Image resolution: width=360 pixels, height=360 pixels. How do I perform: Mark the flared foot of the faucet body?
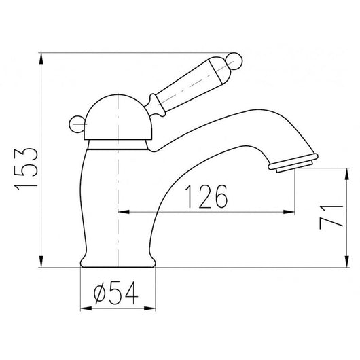[119, 259]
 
